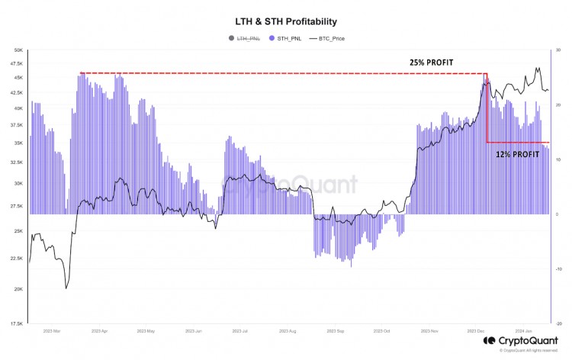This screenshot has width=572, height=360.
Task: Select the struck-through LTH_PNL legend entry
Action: [247, 38]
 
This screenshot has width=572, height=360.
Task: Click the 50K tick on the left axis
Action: [18, 50]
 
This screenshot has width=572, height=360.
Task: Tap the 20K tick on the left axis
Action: [18, 289]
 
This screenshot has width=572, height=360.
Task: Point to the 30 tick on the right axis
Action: [558, 50]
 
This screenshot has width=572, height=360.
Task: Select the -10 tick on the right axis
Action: [558, 268]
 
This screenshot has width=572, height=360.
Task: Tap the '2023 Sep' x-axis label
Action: [336, 333]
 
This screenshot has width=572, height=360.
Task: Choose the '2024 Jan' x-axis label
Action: [525, 333]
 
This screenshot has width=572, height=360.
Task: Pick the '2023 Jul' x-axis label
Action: [241, 333]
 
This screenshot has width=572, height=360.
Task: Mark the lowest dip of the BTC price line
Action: [66, 288]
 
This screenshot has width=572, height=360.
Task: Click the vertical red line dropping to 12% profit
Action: [487, 108]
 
